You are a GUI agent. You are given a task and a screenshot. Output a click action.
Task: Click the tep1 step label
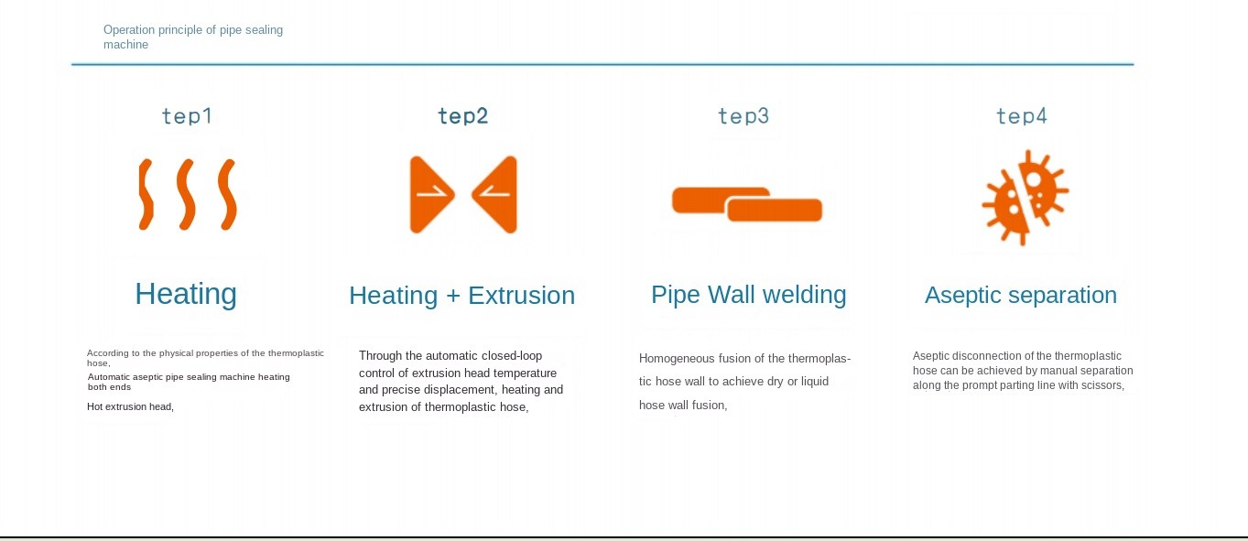tap(187, 116)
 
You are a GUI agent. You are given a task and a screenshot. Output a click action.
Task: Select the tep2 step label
tap(462, 116)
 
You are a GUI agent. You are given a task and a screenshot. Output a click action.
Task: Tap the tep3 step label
tap(743, 116)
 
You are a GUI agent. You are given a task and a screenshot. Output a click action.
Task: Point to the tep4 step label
tap(1021, 116)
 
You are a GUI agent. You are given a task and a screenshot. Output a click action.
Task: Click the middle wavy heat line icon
tap(186, 194)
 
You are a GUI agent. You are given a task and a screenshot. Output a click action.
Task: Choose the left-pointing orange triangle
tap(494, 194)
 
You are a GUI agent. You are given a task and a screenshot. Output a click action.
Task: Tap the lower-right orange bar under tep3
tap(775, 210)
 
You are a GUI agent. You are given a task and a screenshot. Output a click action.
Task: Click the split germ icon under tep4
tap(1026, 197)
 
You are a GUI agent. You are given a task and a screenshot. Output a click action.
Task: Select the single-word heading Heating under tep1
tap(186, 294)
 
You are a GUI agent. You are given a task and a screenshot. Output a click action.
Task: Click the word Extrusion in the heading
tap(522, 296)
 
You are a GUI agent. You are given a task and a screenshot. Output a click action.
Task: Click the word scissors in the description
tap(1102, 385)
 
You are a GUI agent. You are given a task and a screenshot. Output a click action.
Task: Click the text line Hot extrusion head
tap(130, 406)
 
